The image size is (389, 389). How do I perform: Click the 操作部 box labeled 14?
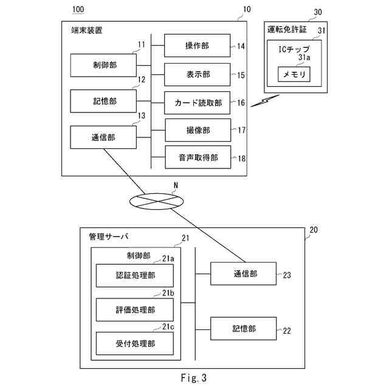[x=198, y=46]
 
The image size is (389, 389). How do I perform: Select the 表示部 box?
[x=198, y=74]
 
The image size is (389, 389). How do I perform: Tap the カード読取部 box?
[x=198, y=103]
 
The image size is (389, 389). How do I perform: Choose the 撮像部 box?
[x=198, y=130]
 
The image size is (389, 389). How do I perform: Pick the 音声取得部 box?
[x=198, y=158]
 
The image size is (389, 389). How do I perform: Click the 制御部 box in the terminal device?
[x=103, y=66]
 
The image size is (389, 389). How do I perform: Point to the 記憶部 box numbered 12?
[x=103, y=101]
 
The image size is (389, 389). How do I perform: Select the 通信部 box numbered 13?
[x=103, y=137]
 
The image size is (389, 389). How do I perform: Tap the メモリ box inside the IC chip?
[x=294, y=74]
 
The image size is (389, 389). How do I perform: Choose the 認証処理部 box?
[x=134, y=275]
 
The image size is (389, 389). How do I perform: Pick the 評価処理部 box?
[x=134, y=309]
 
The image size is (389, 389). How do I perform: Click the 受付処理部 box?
[x=134, y=343]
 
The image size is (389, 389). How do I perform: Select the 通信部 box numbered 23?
[x=243, y=274]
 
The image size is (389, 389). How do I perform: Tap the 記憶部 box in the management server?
[x=243, y=329]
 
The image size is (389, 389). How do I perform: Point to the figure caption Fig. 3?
[x=194, y=378]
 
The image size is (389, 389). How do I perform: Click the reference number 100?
[x=79, y=10]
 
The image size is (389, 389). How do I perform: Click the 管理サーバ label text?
[x=109, y=235]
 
